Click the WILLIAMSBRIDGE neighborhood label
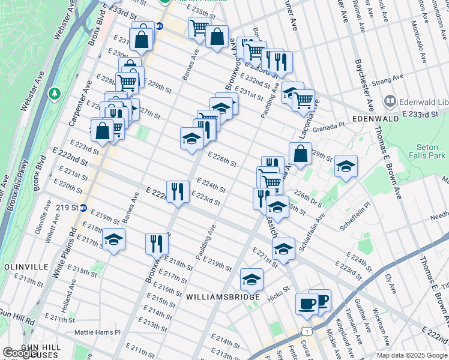point(222,297)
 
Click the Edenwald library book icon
point(390,101)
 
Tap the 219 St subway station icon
point(83,208)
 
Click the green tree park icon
point(55,94)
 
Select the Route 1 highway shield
point(307,331)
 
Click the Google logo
point(19,353)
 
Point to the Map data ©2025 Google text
point(411,355)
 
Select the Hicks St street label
point(279,289)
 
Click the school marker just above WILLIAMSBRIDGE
point(252,278)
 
